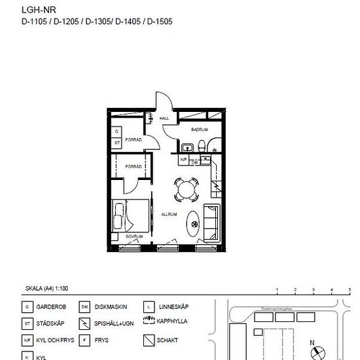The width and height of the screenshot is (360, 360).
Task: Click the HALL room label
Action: click(x=164, y=118)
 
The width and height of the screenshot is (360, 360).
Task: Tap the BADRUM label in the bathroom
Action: click(x=200, y=130)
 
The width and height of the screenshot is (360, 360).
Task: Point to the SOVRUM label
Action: click(x=134, y=236)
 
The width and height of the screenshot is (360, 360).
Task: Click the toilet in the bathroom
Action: click(x=204, y=145)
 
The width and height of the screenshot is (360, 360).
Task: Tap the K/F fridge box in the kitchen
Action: click(x=184, y=159)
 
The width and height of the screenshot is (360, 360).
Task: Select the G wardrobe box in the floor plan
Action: click(x=117, y=132)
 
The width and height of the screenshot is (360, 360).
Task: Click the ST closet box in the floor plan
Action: click(x=117, y=141)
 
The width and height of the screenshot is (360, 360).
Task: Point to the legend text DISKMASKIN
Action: click(x=111, y=306)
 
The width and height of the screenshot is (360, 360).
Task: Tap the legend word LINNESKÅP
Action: click(x=173, y=306)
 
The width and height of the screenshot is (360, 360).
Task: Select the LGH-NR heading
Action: click(x=35, y=10)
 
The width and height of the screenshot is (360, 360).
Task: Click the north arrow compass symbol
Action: click(x=317, y=351)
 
